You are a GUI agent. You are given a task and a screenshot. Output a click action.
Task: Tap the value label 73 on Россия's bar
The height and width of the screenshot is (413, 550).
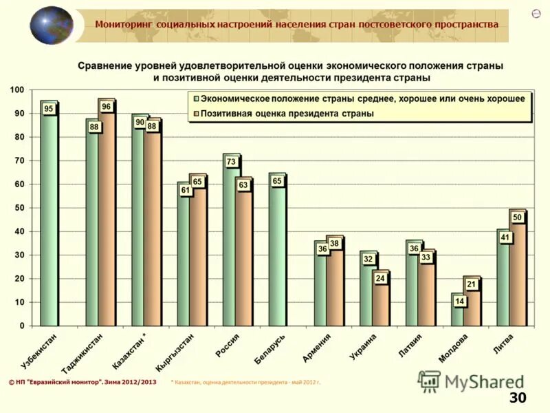pos(232,162)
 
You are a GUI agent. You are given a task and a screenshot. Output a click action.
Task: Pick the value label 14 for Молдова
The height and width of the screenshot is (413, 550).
pos(458,301)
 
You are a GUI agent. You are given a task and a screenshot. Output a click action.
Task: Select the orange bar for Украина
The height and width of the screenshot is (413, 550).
pos(380,303)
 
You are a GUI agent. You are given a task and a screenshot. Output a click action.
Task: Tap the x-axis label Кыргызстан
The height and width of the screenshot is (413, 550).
pos(175,352)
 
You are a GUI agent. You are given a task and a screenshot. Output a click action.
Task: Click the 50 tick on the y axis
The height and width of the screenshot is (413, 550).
pos(19,208)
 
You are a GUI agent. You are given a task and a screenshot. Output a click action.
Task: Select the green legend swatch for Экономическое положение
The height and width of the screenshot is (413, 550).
pos(195,99)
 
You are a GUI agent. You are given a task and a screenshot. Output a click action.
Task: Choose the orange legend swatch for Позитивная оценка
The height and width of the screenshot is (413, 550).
pos(195,114)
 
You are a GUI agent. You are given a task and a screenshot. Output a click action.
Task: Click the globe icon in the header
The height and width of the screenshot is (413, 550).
pos(51,25)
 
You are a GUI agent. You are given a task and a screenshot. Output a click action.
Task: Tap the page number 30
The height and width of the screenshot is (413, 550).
pos(517,398)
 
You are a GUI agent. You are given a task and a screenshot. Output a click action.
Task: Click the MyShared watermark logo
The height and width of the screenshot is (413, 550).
pos(471,381)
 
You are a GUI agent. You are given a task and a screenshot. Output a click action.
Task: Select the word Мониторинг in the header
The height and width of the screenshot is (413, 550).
pos(124,24)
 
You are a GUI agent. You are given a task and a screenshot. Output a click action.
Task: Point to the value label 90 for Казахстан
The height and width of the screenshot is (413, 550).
pos(140,122)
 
